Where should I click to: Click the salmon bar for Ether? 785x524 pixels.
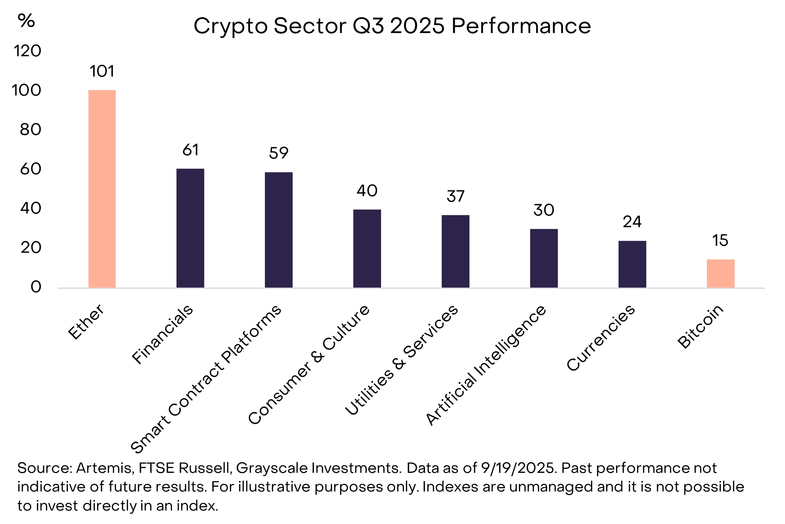(x=102, y=189)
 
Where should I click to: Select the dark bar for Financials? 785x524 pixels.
(x=190, y=228)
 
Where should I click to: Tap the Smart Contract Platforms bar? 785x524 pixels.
(x=279, y=230)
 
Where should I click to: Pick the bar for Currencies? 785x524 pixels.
(x=632, y=264)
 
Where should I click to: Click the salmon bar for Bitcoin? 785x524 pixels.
(x=720, y=274)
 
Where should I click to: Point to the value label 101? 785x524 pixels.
(x=102, y=71)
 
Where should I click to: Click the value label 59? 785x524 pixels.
(x=279, y=153)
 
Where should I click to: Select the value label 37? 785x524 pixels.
(x=456, y=196)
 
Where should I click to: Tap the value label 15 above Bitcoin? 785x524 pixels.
(x=720, y=240)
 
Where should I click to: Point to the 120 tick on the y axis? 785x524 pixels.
(x=27, y=51)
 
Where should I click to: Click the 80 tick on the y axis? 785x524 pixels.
(x=31, y=130)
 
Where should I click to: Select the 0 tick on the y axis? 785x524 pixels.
(x=36, y=287)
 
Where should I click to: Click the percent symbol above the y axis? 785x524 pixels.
(x=26, y=21)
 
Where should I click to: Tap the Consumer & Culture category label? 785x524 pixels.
(x=309, y=365)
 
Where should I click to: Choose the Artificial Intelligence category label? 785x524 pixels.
(x=486, y=365)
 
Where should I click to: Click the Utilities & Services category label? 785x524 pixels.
(x=402, y=360)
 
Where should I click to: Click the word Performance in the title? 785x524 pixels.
(x=521, y=26)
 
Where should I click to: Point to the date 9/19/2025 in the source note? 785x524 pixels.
(x=517, y=468)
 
